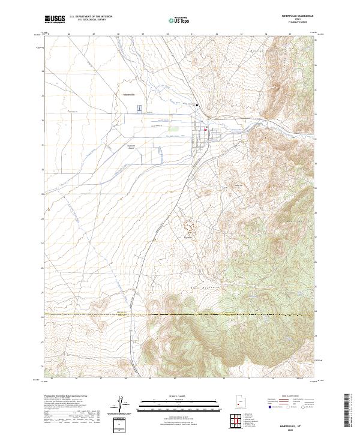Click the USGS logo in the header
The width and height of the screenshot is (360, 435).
[x=55, y=19]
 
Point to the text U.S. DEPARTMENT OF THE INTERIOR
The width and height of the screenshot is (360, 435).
[x=91, y=17]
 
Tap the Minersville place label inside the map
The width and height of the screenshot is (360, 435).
[x=129, y=94]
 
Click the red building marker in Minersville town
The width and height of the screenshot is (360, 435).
[x=205, y=129]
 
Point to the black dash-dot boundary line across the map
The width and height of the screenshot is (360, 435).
[x=180, y=314]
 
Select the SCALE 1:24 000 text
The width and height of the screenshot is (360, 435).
[x=180, y=396]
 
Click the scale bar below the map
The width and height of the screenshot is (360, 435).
[x=180, y=403]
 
